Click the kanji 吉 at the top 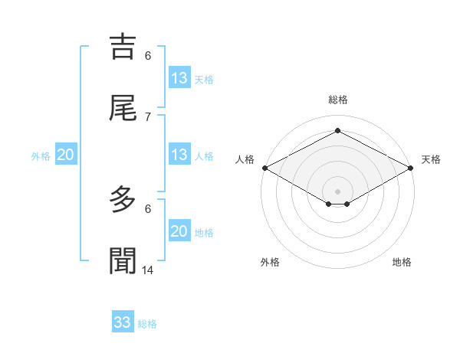coord(123,46)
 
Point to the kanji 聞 coord(123,260)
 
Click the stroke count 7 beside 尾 coord(148,116)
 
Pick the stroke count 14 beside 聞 coord(148,270)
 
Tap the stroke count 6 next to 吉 coord(148,55)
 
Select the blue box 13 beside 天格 coord(179,78)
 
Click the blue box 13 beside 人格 coord(179,155)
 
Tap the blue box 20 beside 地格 coord(179,231)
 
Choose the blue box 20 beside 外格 coord(66,155)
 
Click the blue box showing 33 coord(123,322)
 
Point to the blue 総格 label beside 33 coord(147,324)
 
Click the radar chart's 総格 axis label coord(338,100)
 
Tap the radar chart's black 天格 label coord(431,159)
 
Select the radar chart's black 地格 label coord(402,262)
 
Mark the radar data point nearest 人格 coord(264,168)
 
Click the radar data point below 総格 coord(338,131)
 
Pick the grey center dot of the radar coord(338,191)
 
